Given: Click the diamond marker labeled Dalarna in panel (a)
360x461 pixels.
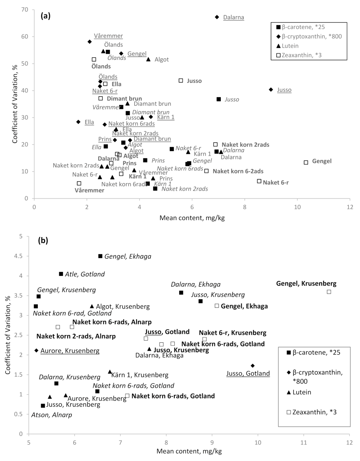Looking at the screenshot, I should [x=217, y=17].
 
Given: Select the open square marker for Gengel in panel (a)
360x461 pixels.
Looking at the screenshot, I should [x=306, y=162].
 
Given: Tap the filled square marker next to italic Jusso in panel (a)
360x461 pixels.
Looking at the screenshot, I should [x=219, y=99].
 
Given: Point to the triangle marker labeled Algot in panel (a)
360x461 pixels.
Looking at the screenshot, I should [x=148, y=59].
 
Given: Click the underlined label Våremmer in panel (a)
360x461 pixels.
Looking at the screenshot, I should [x=108, y=36].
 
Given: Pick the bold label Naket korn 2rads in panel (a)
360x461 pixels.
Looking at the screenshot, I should [x=245, y=145].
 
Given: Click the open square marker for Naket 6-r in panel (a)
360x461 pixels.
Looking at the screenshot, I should [x=259, y=181].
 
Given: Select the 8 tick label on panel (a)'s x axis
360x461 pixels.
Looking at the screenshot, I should [x=245, y=207].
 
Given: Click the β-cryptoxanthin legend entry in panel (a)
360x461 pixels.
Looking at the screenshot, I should [x=311, y=36].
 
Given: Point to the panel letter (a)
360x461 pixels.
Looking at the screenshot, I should [x=45, y=16].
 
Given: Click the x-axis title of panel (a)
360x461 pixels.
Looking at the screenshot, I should [x=192, y=218].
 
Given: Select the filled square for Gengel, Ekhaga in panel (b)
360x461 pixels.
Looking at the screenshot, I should [x=100, y=256].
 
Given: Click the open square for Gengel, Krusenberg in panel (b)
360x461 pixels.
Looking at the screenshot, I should [x=329, y=292].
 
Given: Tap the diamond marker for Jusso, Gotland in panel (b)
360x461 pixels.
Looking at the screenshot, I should [x=253, y=366].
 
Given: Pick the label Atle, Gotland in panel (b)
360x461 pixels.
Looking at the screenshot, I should [x=85, y=274].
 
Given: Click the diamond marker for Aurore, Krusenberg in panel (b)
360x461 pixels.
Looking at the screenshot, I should [x=36, y=350].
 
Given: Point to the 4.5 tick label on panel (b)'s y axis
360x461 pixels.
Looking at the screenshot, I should [x=19, y=256].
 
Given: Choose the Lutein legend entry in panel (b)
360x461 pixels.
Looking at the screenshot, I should [x=302, y=392].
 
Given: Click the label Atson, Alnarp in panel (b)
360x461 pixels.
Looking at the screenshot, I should [x=51, y=415].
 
